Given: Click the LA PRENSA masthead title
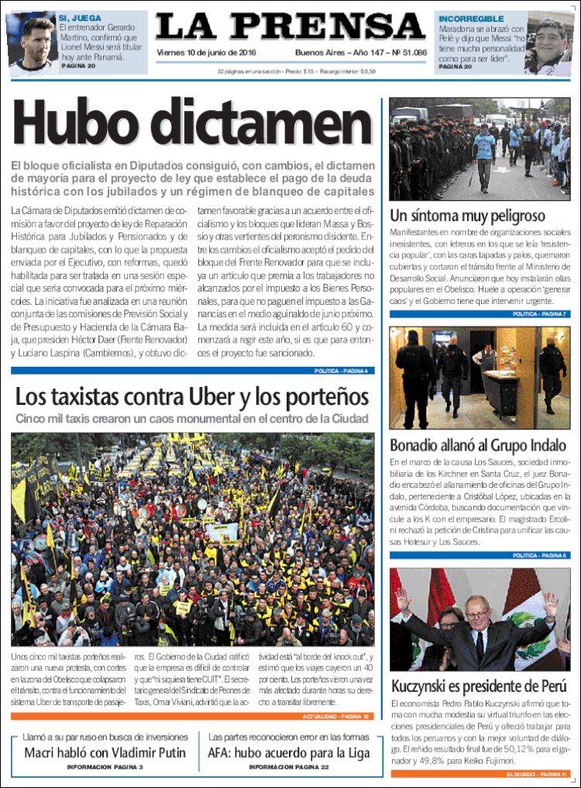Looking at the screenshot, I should pos(290,28).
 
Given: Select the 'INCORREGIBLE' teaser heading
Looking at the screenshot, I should pos(471,18).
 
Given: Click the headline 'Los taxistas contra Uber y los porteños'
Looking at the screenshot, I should pos(192,397).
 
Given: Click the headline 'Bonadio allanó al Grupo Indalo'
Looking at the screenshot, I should pos(478,446).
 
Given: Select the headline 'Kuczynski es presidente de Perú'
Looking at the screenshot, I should pos(480,687).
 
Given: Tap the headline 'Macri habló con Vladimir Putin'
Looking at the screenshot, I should pos(105,752).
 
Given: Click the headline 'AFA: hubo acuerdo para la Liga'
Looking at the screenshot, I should pos(288,752).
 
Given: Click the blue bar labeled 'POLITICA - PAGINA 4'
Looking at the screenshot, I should pos(341,371).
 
